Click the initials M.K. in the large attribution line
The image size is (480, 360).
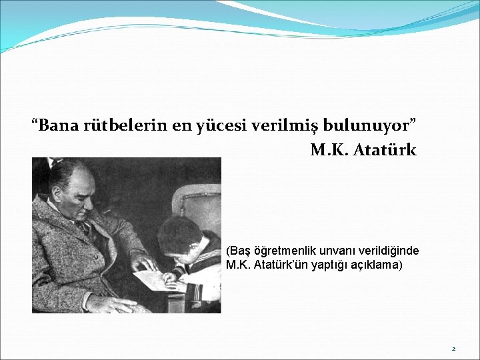[327, 150]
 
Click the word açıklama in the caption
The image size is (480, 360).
[375, 265]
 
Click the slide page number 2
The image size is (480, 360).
[453, 349]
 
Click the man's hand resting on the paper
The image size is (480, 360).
[144, 261]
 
